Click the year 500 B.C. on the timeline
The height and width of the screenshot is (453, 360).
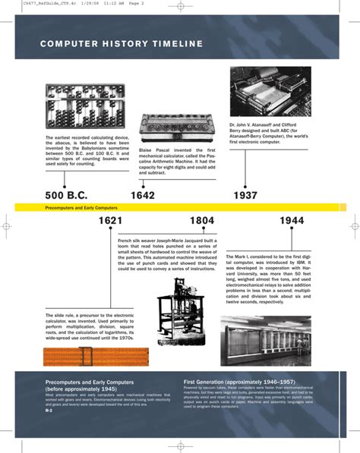click(x=67, y=196)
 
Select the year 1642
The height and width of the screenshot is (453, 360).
click(x=143, y=196)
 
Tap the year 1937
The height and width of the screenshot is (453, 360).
click(x=245, y=196)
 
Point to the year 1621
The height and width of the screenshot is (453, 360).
click(x=110, y=221)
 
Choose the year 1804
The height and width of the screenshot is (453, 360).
click(x=201, y=221)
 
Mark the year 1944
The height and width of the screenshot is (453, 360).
click(x=292, y=221)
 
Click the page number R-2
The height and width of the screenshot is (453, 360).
click(x=49, y=417)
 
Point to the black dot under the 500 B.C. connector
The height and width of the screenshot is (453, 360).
click(x=65, y=184)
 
